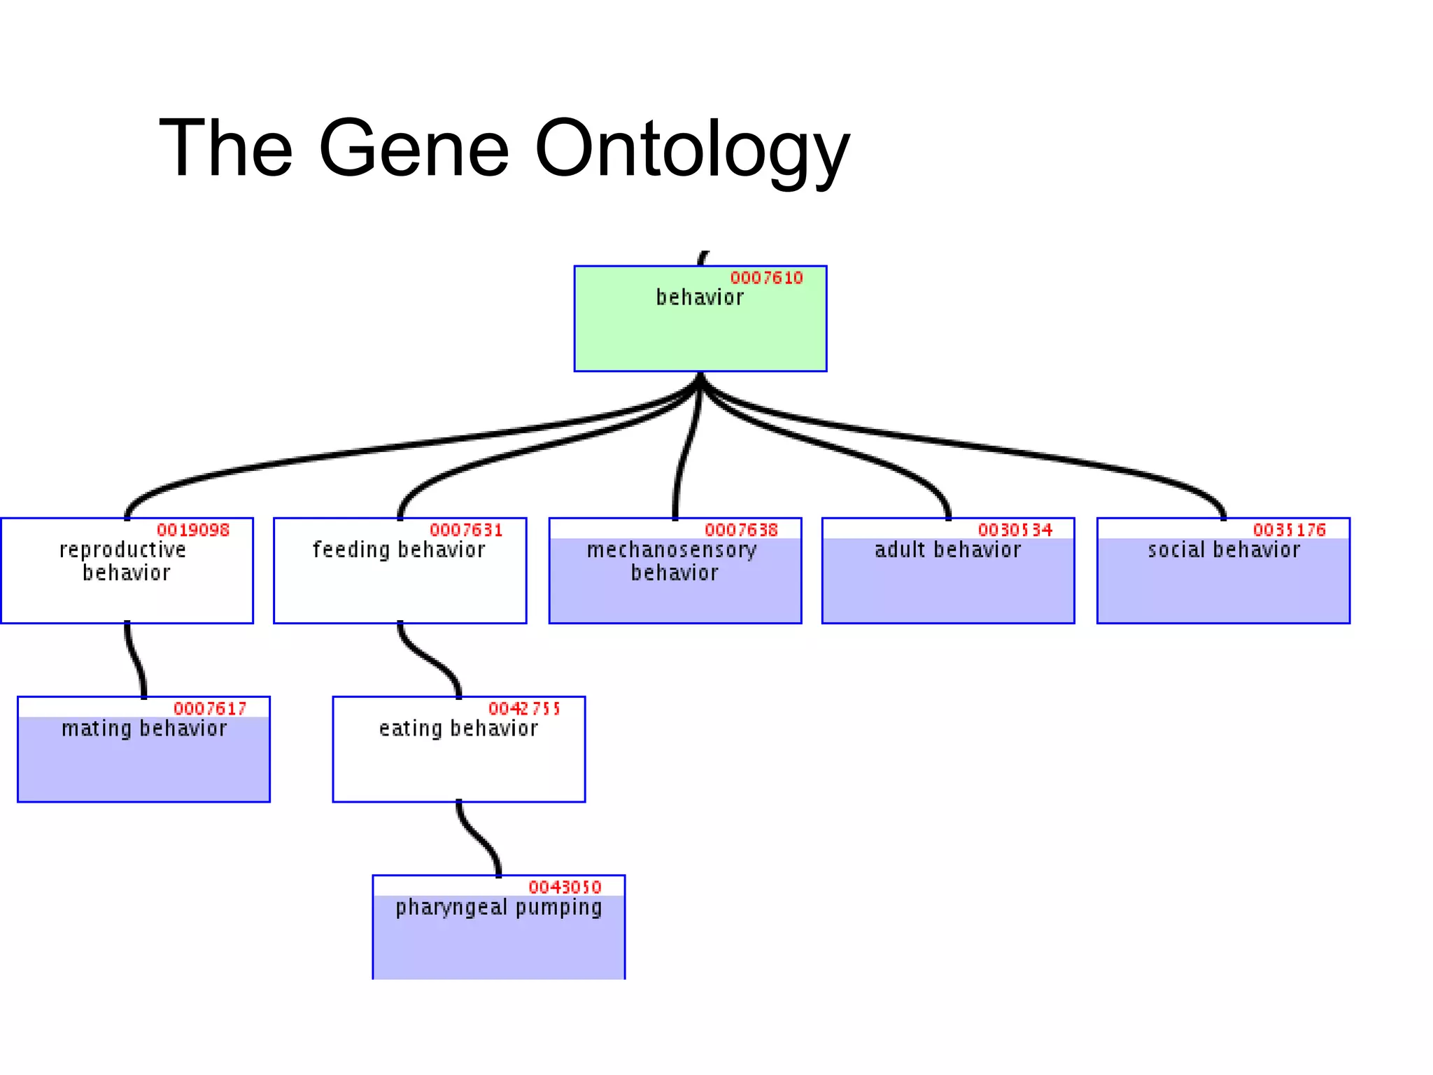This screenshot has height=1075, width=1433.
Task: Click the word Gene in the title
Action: (414, 148)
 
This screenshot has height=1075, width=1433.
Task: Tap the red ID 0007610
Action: (766, 279)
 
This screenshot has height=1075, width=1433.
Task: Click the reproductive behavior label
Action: (124, 561)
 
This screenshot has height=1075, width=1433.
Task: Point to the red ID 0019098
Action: (193, 531)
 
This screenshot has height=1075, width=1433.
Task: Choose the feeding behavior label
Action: (399, 550)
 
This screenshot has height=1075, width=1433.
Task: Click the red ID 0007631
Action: (466, 531)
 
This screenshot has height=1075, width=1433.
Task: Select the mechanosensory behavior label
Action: (672, 561)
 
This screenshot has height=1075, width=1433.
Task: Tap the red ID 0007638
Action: (741, 531)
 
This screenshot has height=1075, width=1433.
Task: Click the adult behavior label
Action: (947, 550)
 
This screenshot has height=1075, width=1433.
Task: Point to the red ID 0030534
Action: (1015, 531)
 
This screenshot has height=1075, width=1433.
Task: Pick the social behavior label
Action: (1223, 550)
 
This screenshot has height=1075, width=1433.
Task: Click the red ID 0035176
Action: (1289, 531)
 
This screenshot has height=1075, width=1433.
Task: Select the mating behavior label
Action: (144, 729)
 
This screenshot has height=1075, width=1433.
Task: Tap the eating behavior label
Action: (458, 729)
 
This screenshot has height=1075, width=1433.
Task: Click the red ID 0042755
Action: (524, 709)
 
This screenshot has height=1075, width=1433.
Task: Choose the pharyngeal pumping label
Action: (498, 908)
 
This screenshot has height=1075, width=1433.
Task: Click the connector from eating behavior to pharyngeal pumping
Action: (477, 838)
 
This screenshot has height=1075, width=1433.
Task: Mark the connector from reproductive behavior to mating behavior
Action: (134, 659)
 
